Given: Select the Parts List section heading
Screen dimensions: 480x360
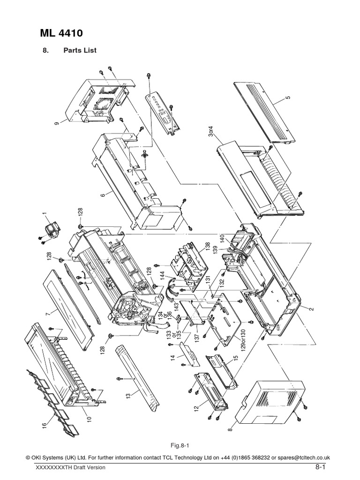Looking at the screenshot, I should (x=80, y=51).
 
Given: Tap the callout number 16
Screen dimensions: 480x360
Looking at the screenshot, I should (x=45, y=425).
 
